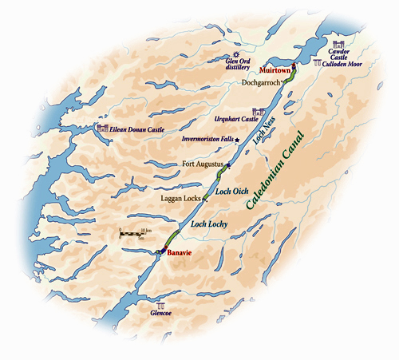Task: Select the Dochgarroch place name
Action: [x=263, y=82]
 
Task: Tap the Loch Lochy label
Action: [x=210, y=225]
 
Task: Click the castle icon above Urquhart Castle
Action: [x=258, y=111]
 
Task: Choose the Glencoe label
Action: [x=162, y=315]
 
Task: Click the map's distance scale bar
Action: [x=131, y=234]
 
